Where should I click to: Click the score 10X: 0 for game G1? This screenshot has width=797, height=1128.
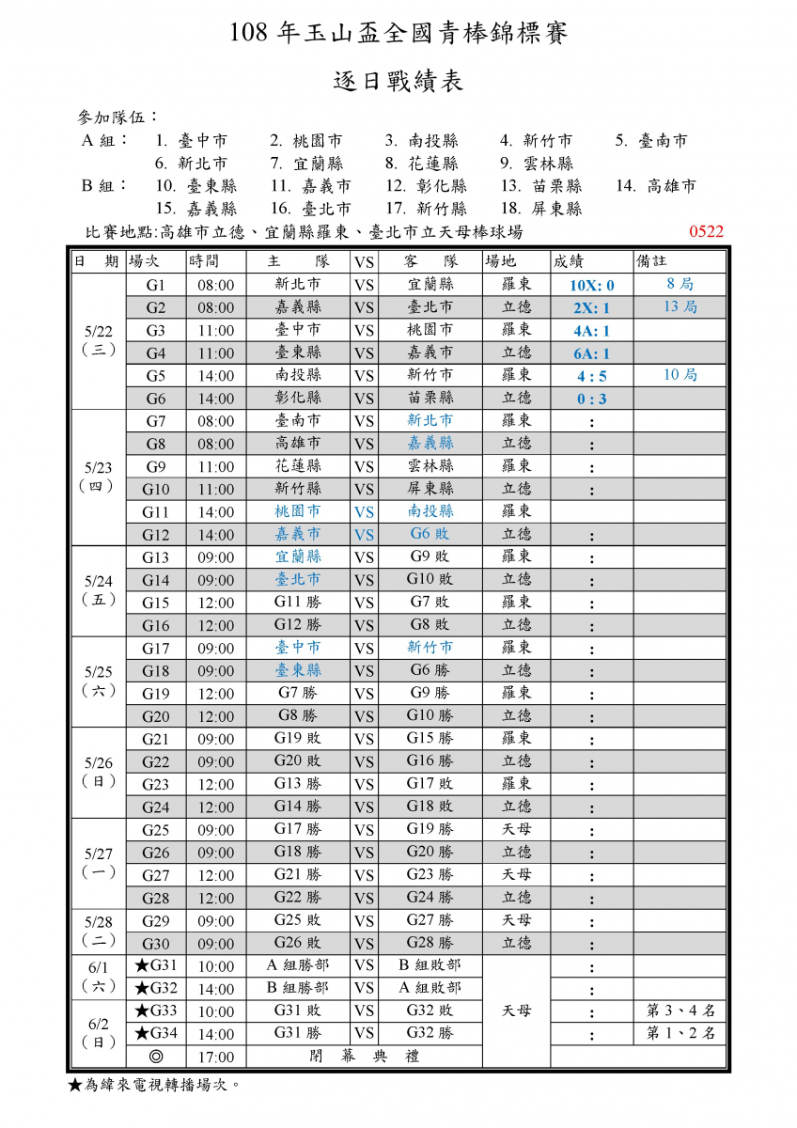pyautogui.click(x=591, y=285)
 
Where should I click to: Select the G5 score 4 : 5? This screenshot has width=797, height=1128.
pyautogui.click(x=591, y=376)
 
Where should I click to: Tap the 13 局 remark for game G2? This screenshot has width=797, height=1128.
pyautogui.click(x=680, y=307)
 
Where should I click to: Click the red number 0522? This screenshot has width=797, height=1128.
pyautogui.click(x=706, y=231)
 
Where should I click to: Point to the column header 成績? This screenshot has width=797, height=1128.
pyautogui.click(x=572, y=261)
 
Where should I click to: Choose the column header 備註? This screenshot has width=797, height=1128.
pyautogui.click(x=652, y=261)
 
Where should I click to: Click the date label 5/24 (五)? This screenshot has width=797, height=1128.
pyautogui.click(x=98, y=590)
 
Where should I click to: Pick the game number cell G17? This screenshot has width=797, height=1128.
pyautogui.click(x=155, y=648)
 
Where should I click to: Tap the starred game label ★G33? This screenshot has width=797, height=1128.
pyautogui.click(x=155, y=1011)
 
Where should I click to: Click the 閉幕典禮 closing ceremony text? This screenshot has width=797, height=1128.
pyautogui.click(x=364, y=1057)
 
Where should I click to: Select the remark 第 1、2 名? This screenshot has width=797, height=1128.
pyautogui.click(x=681, y=1034)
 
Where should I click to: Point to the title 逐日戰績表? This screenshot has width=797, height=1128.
pyautogui.click(x=398, y=82)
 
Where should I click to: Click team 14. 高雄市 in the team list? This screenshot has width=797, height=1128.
pyautogui.click(x=656, y=186)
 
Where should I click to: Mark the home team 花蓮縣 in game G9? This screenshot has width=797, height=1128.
pyautogui.click(x=298, y=466)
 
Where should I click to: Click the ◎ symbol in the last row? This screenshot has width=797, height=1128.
pyautogui.click(x=155, y=1057)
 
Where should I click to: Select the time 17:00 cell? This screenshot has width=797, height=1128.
pyautogui.click(x=215, y=1057)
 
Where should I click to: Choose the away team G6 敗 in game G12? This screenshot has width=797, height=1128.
pyautogui.click(x=430, y=535)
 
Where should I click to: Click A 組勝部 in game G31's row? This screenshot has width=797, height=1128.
pyautogui.click(x=298, y=965)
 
